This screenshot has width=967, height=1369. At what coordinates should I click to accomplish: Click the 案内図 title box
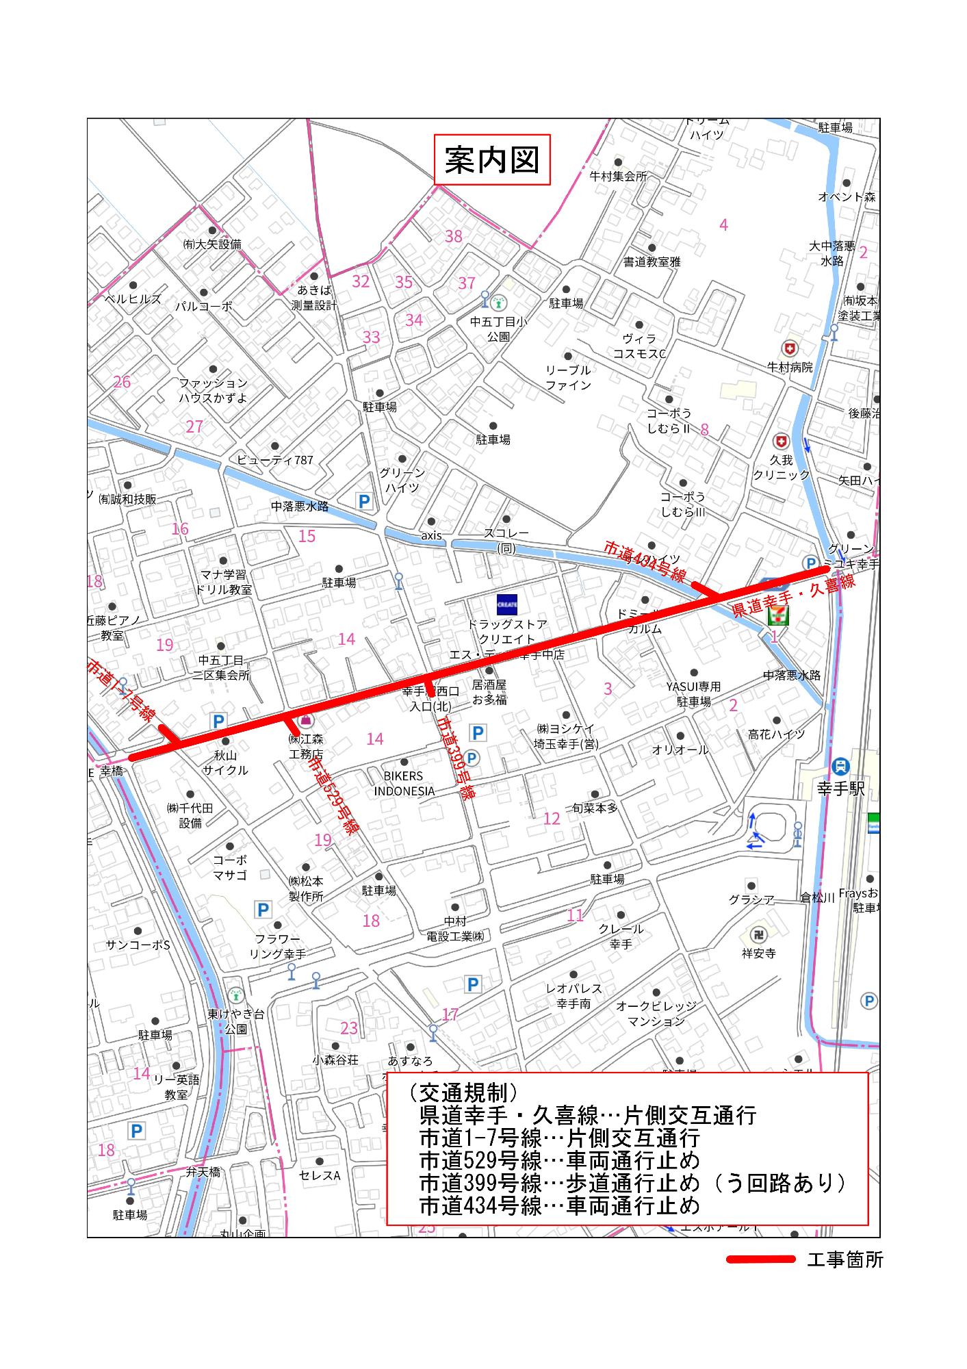[x=492, y=159]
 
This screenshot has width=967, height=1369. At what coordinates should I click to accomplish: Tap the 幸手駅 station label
[x=841, y=789]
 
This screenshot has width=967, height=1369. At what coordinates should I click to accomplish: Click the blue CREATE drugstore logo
[x=507, y=604]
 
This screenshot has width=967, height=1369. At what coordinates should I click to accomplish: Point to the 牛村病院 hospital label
[x=790, y=368]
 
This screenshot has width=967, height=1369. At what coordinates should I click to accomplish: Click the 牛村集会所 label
[x=618, y=176]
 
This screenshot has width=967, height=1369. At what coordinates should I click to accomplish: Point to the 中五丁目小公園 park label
[x=498, y=329]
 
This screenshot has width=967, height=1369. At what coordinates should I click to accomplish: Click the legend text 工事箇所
[x=844, y=1260]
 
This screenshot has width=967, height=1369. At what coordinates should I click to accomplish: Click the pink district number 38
[x=454, y=236]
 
